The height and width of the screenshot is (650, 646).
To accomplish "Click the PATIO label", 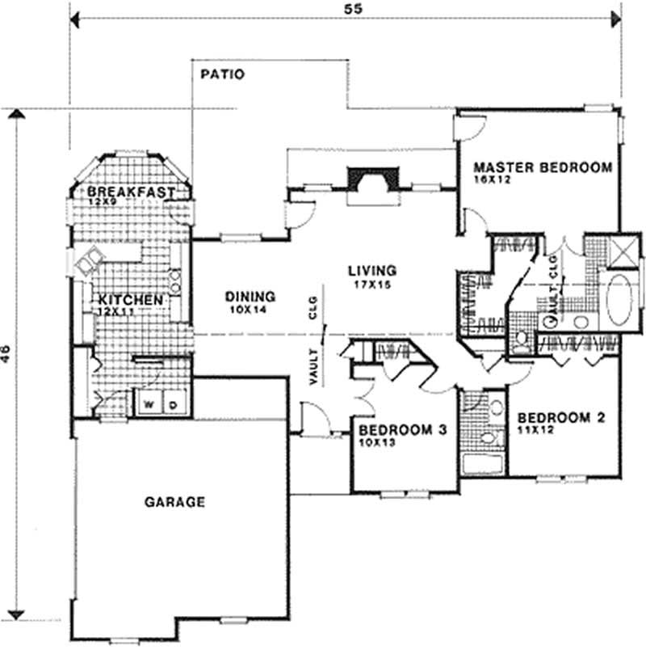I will click(x=222, y=74).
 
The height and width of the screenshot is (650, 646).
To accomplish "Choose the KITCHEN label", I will click(x=131, y=299).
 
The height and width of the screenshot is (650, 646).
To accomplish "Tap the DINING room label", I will click(x=250, y=296).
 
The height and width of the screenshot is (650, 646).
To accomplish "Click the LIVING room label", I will click(x=372, y=270).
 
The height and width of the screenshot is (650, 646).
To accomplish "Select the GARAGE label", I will click(x=174, y=501).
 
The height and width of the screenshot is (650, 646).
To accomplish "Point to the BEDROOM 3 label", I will click(x=402, y=429).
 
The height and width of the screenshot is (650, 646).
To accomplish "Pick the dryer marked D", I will click(x=173, y=402).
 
